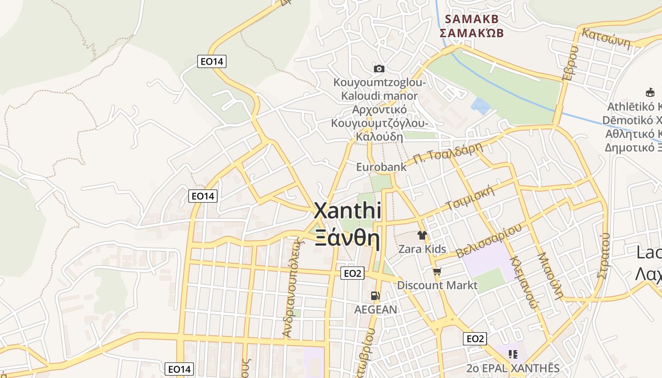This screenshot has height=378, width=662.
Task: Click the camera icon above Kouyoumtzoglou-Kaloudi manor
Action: pyautogui.click(x=379, y=69)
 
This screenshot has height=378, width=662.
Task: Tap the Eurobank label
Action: pyautogui.click(x=381, y=167)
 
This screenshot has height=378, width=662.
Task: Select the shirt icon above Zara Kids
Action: pyautogui.click(x=422, y=235)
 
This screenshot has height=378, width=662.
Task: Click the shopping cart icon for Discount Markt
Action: pyautogui.click(x=437, y=271)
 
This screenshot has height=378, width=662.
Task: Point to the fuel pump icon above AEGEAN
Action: pyautogui.click(x=375, y=296)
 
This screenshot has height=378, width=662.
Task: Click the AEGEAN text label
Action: pyautogui.click(x=376, y=309)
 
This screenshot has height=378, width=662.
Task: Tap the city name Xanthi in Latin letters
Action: pyautogui.click(x=348, y=211)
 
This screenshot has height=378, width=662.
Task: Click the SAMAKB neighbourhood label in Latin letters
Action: pyautogui.click(x=471, y=19)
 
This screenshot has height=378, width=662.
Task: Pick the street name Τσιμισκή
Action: pyautogui.click(x=470, y=198)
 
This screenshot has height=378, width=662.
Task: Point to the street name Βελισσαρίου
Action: pyautogui.click(x=489, y=241)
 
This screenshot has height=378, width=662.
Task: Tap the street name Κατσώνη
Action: pyautogui.click(x=606, y=39)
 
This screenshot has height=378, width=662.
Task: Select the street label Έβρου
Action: pyautogui.click(x=570, y=64)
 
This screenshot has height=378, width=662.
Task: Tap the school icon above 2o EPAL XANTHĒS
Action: pyautogui.click(x=513, y=354)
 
